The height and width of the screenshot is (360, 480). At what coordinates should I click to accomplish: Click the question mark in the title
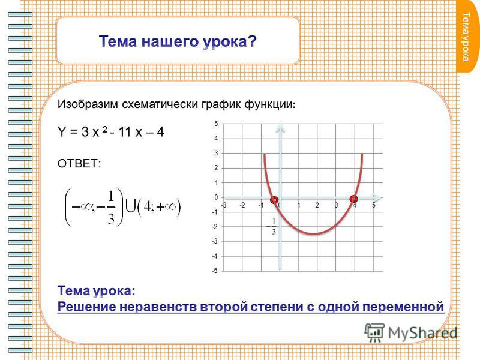[x=252, y=41]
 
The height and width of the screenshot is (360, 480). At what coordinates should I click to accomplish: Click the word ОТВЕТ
[x=79, y=163]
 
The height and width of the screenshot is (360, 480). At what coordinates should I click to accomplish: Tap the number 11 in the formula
[x=125, y=132]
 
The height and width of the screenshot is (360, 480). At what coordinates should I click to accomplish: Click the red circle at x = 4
[x=353, y=199]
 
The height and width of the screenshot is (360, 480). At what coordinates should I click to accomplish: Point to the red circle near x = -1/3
[x=274, y=200]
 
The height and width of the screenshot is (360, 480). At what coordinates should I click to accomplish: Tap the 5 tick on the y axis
[x=216, y=124]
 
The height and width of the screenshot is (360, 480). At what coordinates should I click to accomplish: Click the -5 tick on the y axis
[x=215, y=271]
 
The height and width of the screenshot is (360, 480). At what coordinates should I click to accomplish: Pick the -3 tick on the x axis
[x=224, y=205]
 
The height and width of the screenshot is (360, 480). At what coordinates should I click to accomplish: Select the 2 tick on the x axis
[x=317, y=205]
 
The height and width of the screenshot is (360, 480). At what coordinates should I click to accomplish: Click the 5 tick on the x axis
[x=373, y=205]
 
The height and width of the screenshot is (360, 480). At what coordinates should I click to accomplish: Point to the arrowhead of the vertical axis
[x=280, y=128]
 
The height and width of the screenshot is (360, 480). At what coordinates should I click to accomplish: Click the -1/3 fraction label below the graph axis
[x=272, y=226]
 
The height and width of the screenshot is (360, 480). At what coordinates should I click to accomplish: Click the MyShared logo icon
[x=374, y=332]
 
